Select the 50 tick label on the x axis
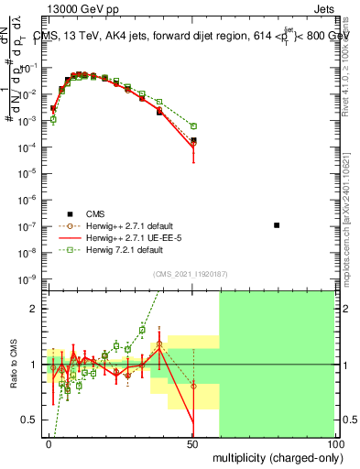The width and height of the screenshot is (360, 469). click(x=193, y=442)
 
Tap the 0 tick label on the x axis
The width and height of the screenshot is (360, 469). click(x=49, y=442)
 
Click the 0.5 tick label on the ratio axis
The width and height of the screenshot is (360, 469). click(x=29, y=420)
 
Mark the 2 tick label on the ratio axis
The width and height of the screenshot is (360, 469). click(x=35, y=309)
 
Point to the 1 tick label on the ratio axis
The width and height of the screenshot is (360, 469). click(x=35, y=364)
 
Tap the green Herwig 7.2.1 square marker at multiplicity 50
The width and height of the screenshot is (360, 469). click(x=193, y=125)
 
